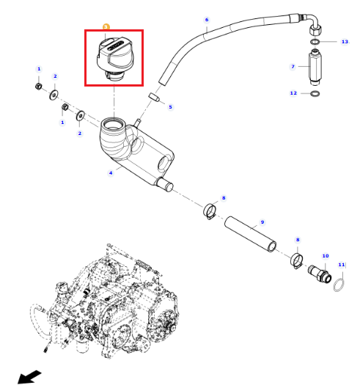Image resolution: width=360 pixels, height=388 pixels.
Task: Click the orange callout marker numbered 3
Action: click(x=106, y=26)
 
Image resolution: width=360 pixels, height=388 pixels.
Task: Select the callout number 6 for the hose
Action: click(x=207, y=20)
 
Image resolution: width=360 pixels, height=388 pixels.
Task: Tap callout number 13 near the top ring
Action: click(x=345, y=42)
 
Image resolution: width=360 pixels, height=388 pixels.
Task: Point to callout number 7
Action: click(x=293, y=66)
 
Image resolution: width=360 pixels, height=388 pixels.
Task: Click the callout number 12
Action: click(x=293, y=93)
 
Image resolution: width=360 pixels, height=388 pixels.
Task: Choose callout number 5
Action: click(x=170, y=107)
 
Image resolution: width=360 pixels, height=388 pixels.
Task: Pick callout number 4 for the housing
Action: click(x=111, y=172)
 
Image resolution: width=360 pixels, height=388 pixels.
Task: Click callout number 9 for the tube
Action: click(x=262, y=222)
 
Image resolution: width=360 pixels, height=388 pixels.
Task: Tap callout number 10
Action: click(x=326, y=256)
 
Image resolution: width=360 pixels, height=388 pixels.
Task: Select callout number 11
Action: click(x=342, y=265)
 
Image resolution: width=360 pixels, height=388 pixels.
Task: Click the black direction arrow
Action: click(x=29, y=376)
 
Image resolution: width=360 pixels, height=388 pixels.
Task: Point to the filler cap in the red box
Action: click(x=115, y=59)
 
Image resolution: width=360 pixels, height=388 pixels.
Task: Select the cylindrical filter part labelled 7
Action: click(x=315, y=67)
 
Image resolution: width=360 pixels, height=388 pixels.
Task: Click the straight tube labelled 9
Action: click(x=250, y=234)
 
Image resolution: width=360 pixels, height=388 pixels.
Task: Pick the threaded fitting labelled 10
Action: click(x=320, y=273)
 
